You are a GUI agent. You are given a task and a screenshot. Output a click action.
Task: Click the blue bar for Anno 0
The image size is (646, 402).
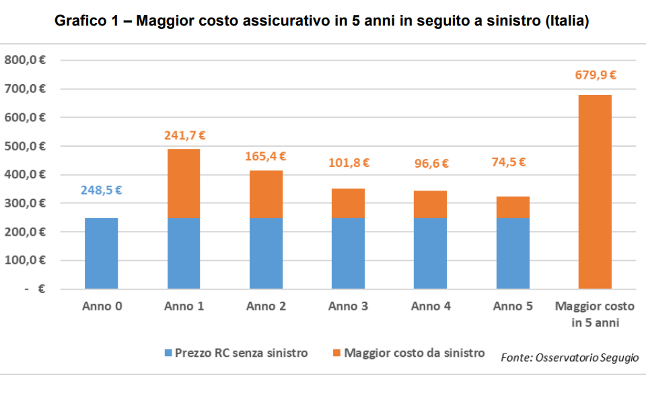(x=102, y=253)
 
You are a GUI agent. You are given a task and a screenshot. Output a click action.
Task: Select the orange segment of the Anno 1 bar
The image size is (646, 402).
(x=184, y=183)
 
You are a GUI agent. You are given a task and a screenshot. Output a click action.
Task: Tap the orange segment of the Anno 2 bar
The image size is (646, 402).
(x=266, y=194)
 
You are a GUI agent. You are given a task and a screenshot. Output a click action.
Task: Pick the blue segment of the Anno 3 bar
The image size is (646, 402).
(x=349, y=253)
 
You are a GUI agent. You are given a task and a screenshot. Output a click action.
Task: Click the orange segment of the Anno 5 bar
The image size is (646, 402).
(x=513, y=207)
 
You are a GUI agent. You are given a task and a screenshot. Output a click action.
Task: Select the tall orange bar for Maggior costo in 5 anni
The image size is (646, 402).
(x=595, y=192)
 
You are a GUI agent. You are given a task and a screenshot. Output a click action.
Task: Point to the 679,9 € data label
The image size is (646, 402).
(x=596, y=75)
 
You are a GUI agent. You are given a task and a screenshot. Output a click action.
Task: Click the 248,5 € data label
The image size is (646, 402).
(x=102, y=191)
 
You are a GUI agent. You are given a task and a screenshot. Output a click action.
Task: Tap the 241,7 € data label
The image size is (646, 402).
(x=184, y=135)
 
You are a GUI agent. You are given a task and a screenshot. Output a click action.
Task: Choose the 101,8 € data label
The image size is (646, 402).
(x=349, y=162)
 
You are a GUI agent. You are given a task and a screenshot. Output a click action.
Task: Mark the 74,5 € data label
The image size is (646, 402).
(x=513, y=162)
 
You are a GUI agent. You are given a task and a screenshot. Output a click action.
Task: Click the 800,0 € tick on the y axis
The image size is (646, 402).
(x=25, y=60)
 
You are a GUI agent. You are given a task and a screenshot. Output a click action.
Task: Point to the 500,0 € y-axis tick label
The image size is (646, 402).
(x=25, y=146)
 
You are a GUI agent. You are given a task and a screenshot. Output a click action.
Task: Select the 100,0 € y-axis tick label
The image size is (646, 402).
(x=25, y=261)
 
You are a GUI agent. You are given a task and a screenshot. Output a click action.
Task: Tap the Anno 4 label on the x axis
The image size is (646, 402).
(x=431, y=306)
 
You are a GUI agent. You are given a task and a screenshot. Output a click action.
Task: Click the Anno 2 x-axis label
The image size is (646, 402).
(x=266, y=306)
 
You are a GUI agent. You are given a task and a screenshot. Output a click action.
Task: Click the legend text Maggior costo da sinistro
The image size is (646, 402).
(x=414, y=353)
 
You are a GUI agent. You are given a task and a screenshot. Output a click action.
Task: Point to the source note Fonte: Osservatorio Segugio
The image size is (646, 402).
(x=569, y=358)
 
